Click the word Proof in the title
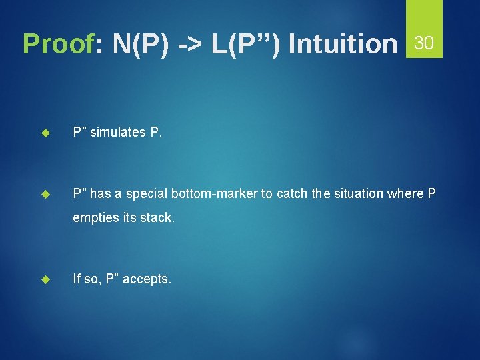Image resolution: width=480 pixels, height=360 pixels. click(x=57, y=44)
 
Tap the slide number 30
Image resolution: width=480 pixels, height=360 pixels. click(x=424, y=44)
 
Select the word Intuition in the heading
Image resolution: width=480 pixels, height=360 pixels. click(x=343, y=44)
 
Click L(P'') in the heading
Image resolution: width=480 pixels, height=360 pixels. click(x=247, y=44)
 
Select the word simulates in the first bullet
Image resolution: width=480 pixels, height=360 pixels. click(x=117, y=132)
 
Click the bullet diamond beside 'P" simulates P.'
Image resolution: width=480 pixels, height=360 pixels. click(x=46, y=133)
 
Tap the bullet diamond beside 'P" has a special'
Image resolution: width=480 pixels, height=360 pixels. click(x=46, y=194)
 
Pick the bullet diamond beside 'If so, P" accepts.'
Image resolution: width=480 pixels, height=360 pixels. click(x=46, y=279)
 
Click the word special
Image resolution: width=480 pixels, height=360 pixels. click(x=145, y=193)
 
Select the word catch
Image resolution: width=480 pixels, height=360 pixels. click(x=292, y=193)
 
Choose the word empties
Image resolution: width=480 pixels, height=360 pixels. click(x=94, y=218)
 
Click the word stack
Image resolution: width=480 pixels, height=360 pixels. click(x=159, y=218)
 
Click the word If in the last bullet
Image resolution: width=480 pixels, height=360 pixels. click(x=77, y=279)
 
